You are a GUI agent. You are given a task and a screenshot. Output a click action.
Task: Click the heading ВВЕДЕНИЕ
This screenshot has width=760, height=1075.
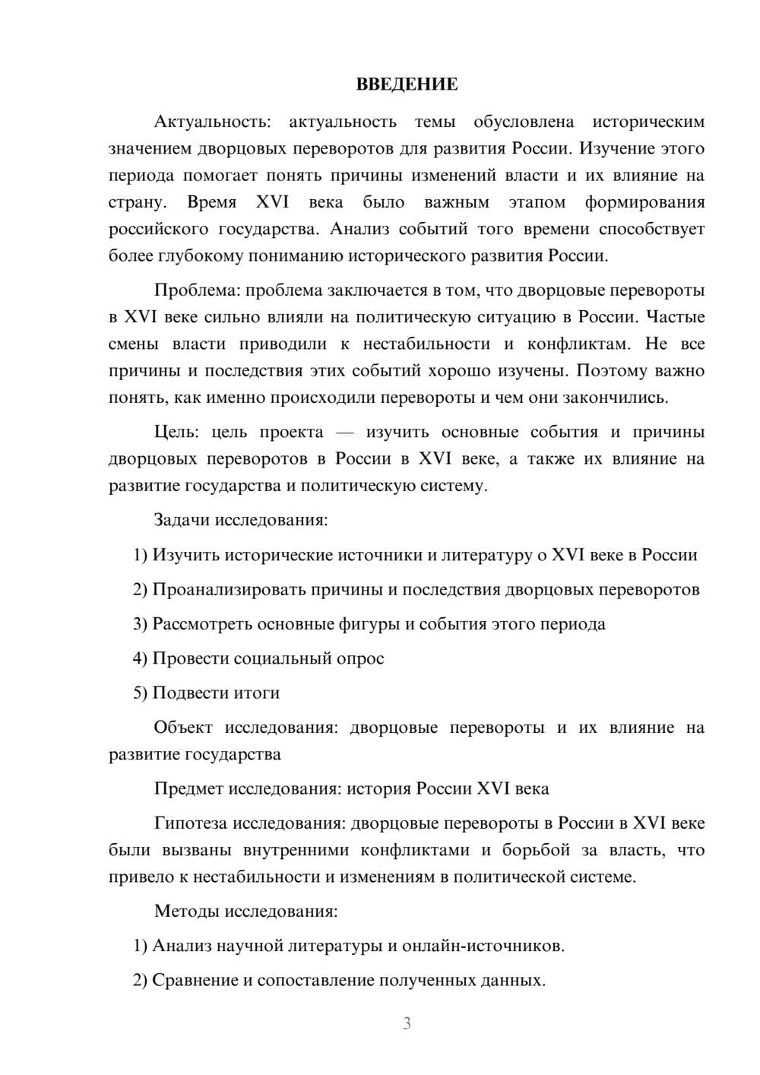click(x=407, y=84)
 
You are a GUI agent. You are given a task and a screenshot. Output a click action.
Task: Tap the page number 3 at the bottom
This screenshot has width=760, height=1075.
click(x=407, y=1023)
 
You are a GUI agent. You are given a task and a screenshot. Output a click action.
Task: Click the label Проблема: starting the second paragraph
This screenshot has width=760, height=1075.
click(x=197, y=290)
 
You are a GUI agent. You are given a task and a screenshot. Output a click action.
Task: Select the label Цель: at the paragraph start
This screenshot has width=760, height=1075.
click(x=176, y=432)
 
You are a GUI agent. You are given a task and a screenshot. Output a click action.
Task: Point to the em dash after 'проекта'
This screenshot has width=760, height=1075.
click(x=344, y=432)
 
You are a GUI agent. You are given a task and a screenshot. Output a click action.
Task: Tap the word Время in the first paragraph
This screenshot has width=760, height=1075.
click(x=212, y=202)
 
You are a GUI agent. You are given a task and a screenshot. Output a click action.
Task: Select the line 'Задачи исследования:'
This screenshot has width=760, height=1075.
click(x=241, y=520)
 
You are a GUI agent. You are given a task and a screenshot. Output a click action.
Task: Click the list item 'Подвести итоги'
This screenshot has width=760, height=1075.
click(x=216, y=693)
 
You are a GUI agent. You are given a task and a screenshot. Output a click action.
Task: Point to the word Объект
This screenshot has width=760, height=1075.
click(x=183, y=728)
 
